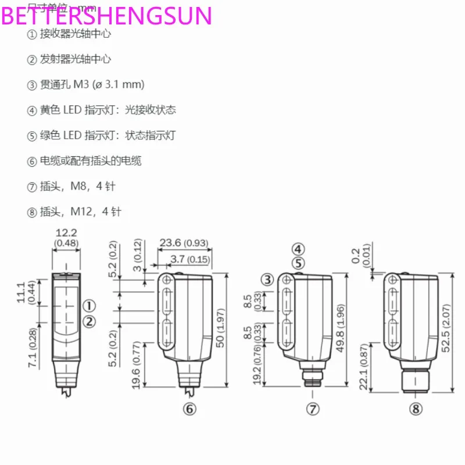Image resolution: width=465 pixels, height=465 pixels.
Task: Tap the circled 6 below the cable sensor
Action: coord(190,409)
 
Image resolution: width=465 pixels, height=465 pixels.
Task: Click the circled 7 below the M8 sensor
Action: coord(314,409)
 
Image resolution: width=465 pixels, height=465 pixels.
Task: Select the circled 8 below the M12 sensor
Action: coord(414,409)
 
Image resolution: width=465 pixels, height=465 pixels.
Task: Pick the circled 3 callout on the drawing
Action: coord(267,280)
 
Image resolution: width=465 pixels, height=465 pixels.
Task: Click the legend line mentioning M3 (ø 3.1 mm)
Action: coord(85,85)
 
